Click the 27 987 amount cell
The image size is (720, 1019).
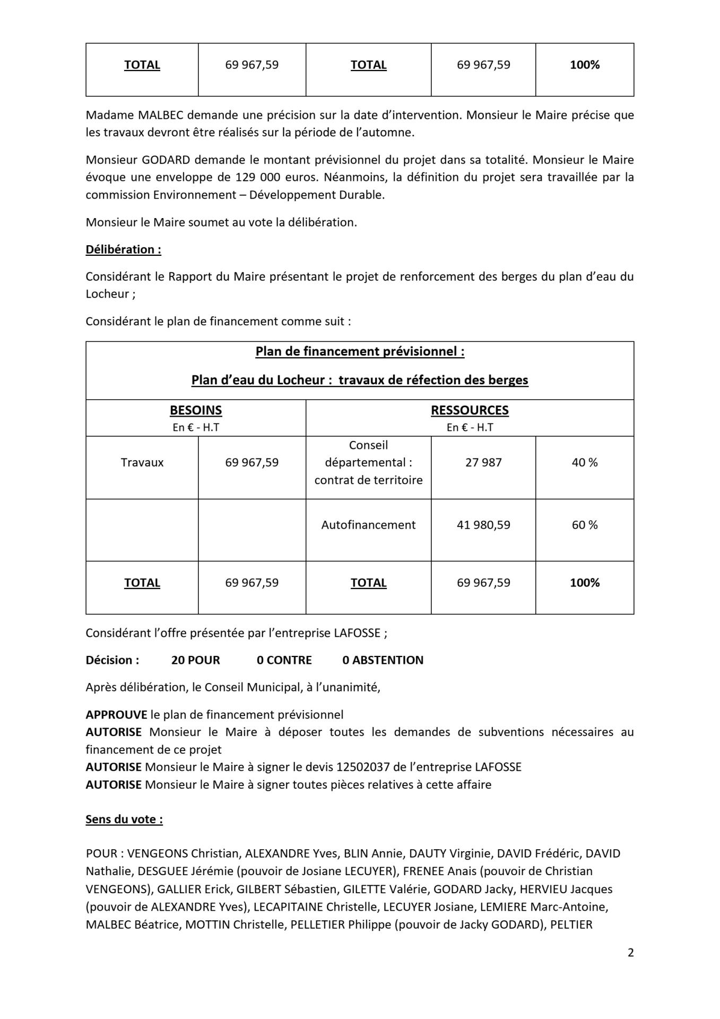point(483,462)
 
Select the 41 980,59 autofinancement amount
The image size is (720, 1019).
point(483,525)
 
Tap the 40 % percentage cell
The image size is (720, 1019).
point(584,462)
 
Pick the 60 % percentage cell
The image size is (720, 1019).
point(584,525)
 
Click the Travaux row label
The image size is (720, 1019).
point(142,462)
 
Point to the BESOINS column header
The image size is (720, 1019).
point(195,410)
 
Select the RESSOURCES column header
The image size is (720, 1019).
point(469,410)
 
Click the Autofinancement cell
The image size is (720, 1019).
point(368,525)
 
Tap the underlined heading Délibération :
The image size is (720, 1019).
point(123,249)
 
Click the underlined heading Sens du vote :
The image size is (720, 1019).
point(124,819)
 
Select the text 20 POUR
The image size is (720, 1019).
point(195,660)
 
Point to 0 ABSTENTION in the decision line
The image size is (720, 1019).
point(383,660)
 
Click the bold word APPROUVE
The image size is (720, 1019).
point(116,715)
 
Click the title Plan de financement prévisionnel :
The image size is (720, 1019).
point(360,351)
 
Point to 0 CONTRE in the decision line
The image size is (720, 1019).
point(284,660)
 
